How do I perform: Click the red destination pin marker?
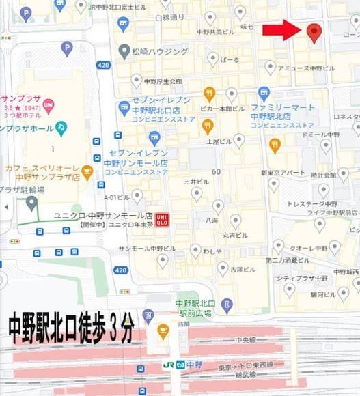(314, 31)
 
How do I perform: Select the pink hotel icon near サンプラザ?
(48, 104)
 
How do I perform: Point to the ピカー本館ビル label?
(224, 109)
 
